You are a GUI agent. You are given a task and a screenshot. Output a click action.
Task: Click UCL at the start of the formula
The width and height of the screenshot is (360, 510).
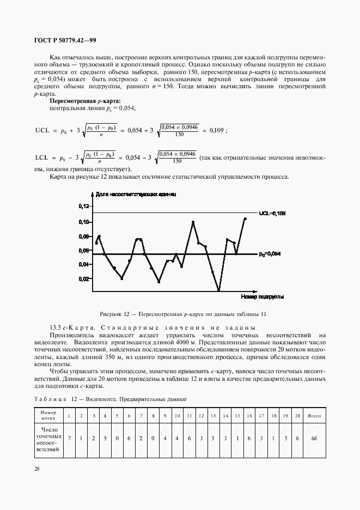click(x=42, y=131)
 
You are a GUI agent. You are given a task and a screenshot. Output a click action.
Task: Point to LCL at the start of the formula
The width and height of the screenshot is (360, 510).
click(x=42, y=157)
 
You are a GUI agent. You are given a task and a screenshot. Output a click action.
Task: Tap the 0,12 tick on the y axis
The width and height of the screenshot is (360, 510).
click(x=83, y=207)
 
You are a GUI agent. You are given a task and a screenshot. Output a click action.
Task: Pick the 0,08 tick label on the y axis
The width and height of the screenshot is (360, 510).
click(x=83, y=236)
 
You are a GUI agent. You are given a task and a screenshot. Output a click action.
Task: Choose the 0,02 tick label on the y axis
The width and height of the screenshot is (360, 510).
click(x=83, y=279)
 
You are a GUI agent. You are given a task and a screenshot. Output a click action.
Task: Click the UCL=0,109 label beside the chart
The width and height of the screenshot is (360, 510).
click(x=272, y=212)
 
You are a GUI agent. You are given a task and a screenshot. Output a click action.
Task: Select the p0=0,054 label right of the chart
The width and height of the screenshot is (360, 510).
click(x=271, y=254)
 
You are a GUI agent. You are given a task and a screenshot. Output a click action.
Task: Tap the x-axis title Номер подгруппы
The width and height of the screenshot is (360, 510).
click(x=261, y=297)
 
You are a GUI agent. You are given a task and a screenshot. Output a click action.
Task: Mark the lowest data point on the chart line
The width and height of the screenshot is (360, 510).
click(x=218, y=290)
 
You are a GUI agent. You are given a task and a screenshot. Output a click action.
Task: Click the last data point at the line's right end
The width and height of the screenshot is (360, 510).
click(x=245, y=218)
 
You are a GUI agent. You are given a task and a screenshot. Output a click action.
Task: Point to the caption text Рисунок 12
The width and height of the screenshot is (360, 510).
click(x=116, y=314)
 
